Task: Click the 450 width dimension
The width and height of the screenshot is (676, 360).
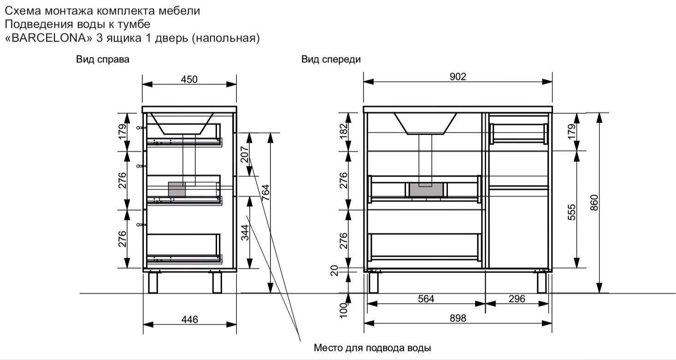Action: coord(189,79)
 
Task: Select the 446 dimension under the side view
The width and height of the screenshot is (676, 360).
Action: coord(189,319)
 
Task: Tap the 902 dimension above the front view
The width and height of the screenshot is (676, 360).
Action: coord(458,77)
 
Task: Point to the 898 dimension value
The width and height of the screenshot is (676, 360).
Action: coord(458,318)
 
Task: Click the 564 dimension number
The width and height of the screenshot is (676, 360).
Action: coord(426,299)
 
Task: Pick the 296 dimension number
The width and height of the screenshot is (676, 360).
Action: coord(517,299)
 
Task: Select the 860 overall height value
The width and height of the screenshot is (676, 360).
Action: coord(594,203)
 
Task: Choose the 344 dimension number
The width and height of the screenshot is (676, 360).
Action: coord(245,232)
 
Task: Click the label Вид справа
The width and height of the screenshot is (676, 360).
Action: coord(102,59)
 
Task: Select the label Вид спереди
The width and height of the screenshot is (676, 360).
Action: coord(331,59)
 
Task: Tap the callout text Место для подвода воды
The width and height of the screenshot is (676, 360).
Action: coord(372,347)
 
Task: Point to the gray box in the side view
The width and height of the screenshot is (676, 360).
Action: coord(177,189)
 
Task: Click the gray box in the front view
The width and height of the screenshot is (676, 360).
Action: coord(427,189)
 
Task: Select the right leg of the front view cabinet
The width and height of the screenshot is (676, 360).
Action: coord(542,282)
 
